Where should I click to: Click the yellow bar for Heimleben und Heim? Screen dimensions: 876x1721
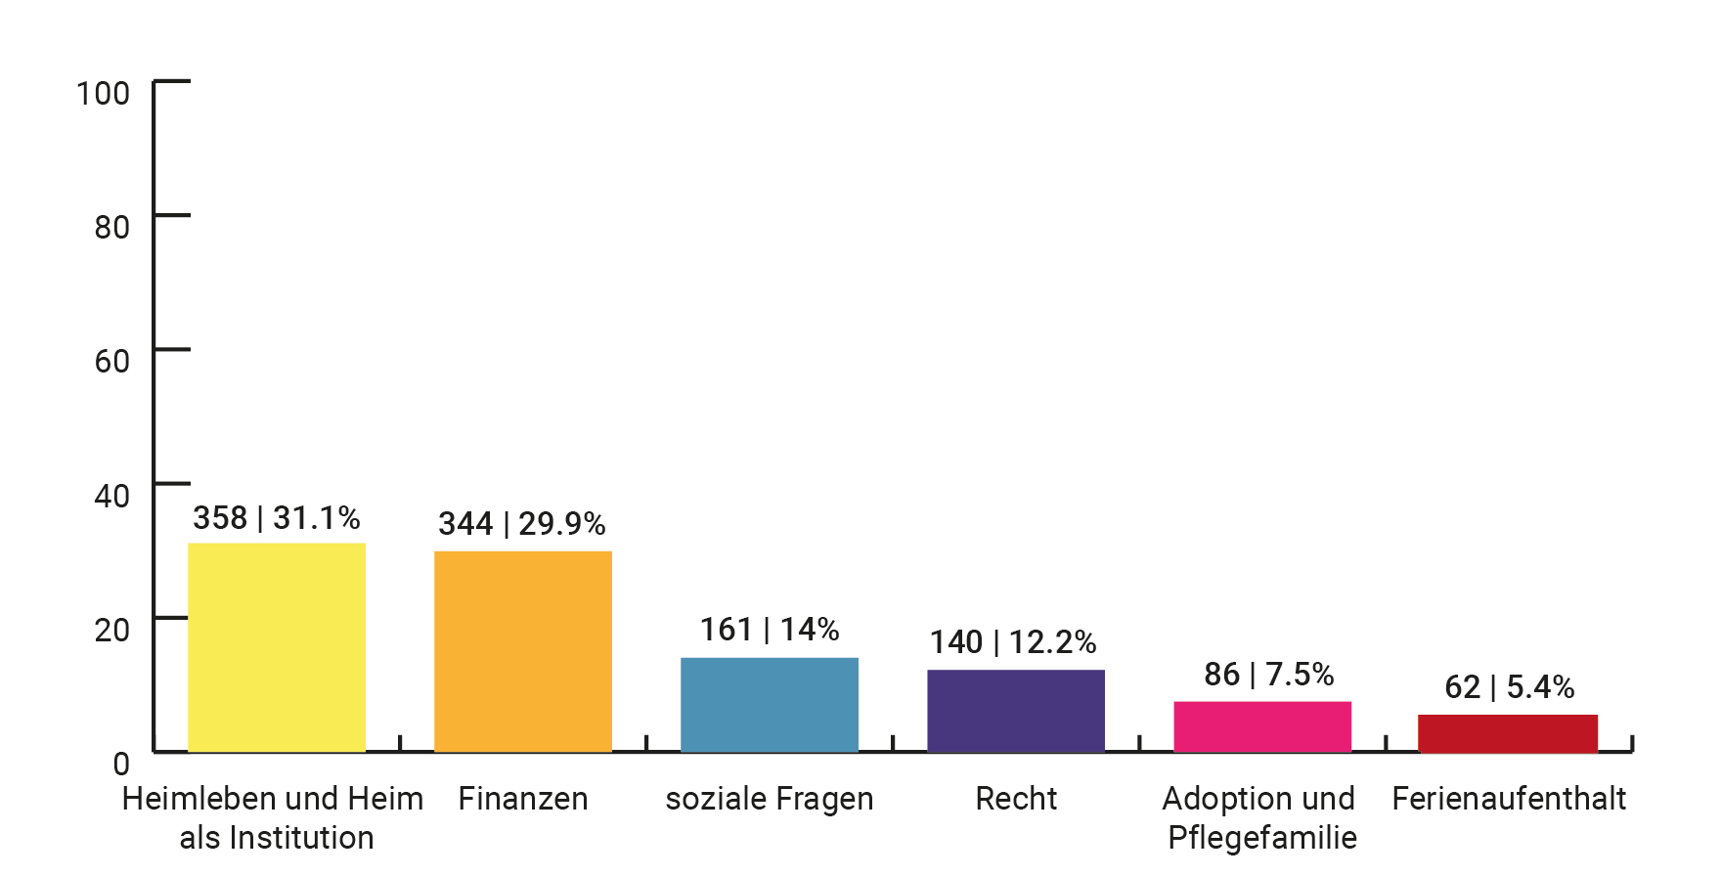click(x=277, y=647)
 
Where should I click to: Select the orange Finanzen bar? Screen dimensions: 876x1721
click(x=523, y=651)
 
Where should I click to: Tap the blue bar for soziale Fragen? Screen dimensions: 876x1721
click(x=770, y=704)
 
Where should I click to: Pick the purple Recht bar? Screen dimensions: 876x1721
click(x=1016, y=711)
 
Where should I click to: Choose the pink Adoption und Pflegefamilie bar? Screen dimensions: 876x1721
click(x=1262, y=726)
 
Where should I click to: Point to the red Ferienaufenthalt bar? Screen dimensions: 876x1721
click(x=1508, y=733)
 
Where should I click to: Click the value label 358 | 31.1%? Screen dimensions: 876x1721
click(x=277, y=518)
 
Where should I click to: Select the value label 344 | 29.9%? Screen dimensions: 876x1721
click(x=522, y=524)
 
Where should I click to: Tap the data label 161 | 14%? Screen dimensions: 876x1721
click(x=770, y=630)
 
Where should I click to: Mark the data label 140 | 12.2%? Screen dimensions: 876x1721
click(x=1013, y=642)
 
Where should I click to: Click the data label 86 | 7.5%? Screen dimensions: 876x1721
click(x=1269, y=675)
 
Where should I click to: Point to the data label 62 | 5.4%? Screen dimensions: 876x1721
click(x=1510, y=687)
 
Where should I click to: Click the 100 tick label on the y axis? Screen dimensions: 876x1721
click(x=103, y=94)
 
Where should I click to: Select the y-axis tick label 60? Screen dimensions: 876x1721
click(x=111, y=362)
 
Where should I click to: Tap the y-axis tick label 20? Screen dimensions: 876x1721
click(x=111, y=630)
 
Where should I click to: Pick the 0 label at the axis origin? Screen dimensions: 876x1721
click(x=121, y=764)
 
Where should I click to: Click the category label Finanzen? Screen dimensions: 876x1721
click(x=523, y=799)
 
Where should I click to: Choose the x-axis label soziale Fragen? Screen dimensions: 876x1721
click(x=770, y=799)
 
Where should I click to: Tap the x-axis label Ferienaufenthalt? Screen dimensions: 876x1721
click(x=1509, y=799)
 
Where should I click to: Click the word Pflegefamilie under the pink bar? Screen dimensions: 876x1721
click(x=1262, y=838)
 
